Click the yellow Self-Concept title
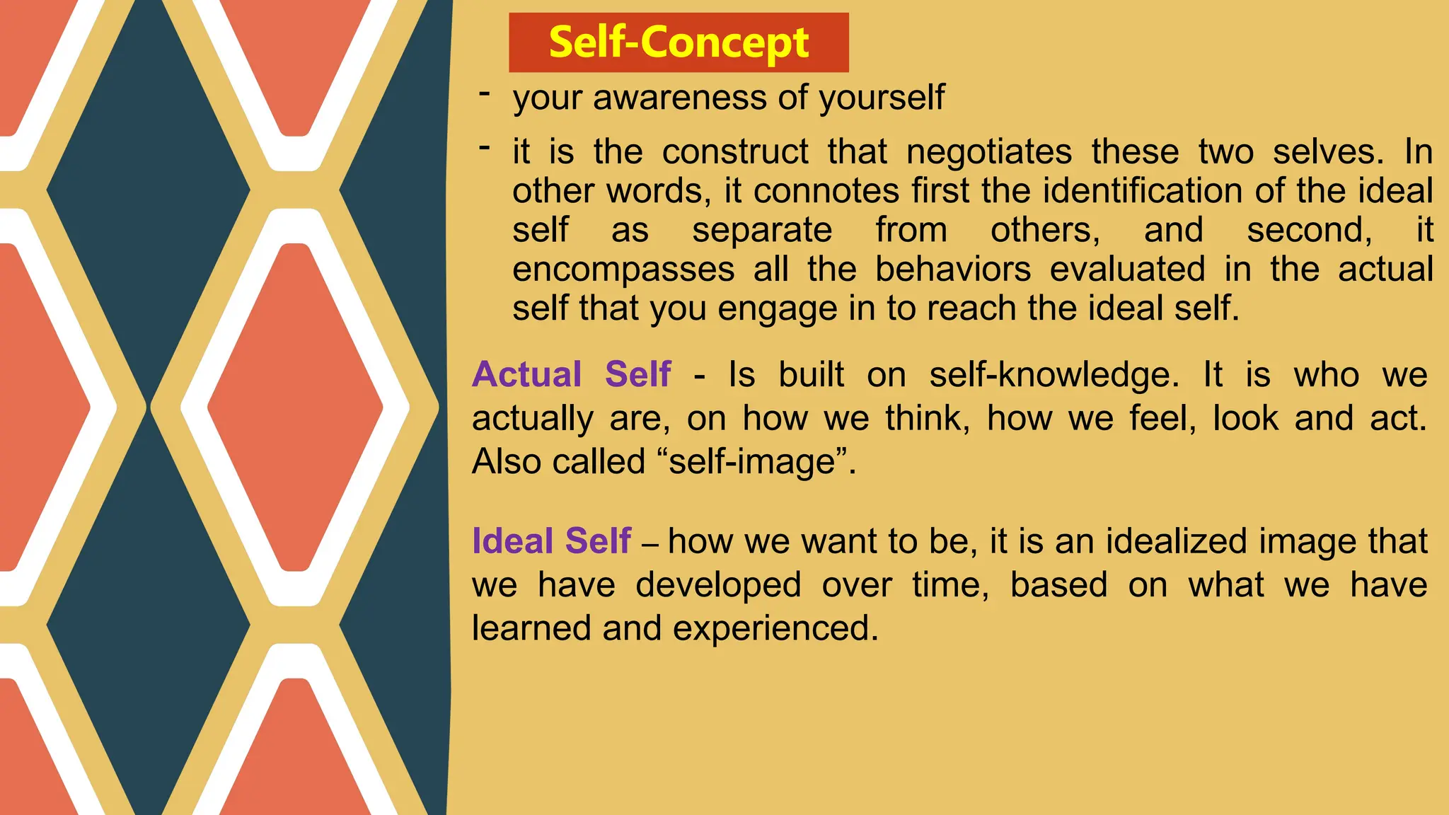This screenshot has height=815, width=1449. coord(679,42)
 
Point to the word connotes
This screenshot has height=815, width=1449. coord(826,191)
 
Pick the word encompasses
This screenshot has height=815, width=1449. coord(623,270)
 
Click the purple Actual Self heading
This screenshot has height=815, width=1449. coord(572,374)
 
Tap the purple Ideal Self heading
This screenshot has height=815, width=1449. coord(551,541)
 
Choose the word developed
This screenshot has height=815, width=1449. coord(717,585)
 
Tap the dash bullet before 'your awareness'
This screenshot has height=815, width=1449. coord(484,94)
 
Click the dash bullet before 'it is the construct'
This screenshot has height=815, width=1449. coord(484,148)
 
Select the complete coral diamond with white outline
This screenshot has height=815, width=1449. coord(295,407)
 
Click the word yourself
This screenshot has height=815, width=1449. coord(881,98)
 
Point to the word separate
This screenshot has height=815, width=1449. coord(762,231)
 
